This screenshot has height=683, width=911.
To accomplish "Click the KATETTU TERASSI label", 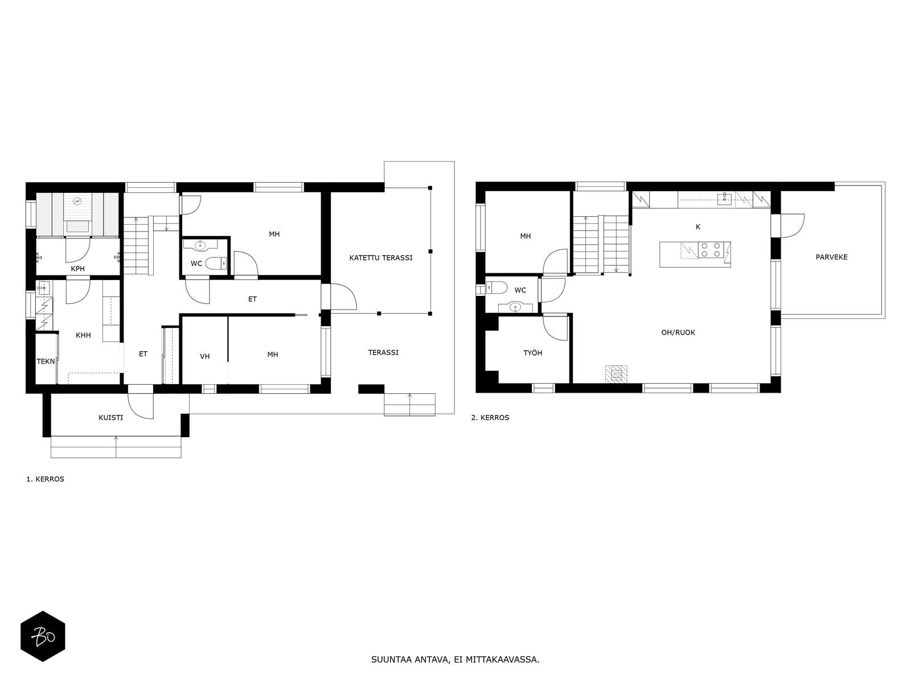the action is (x=380, y=258).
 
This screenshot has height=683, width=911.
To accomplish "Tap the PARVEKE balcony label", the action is (x=831, y=257).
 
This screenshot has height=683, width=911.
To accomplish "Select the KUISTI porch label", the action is (x=111, y=418).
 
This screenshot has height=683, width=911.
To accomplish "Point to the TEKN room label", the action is (x=46, y=361).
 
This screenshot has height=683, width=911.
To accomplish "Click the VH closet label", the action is (x=204, y=356).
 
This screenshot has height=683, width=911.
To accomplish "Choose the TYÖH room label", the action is (x=532, y=353).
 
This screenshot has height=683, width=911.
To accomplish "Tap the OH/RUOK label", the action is (x=678, y=332).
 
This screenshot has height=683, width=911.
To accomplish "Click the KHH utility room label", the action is (x=84, y=335).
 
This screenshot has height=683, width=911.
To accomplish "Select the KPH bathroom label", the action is (x=77, y=269).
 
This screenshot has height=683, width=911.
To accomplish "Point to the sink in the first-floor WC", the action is (x=200, y=245).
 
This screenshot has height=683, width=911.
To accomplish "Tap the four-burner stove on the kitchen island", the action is (x=711, y=250).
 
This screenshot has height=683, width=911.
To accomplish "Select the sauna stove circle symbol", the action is (x=77, y=201).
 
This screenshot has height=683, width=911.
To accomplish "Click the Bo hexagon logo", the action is (x=43, y=636).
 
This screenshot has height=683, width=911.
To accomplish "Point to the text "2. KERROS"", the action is (x=490, y=418).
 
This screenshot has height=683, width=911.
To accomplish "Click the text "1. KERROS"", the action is (x=45, y=479).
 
